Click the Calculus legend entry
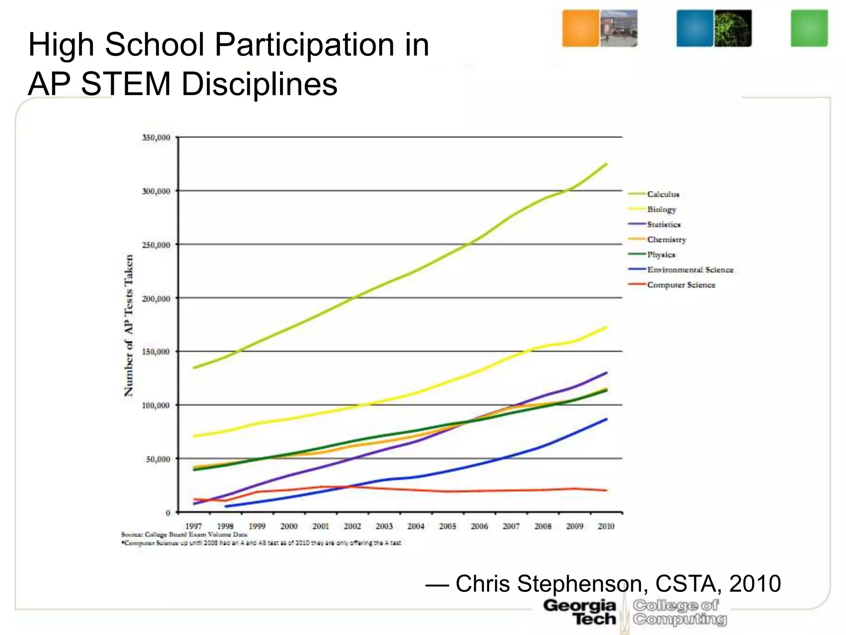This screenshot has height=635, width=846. coord(663,194)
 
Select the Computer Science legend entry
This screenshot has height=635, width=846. coord(681,285)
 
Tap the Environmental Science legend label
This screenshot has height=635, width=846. coord(690,270)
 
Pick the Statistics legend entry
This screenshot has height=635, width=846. coord(663,224)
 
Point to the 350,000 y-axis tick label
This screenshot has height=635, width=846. coord(156,138)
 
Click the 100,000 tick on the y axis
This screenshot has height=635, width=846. coord(156,406)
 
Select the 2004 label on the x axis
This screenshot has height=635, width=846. coord(416,526)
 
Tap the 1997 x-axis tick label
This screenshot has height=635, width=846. coord(193,526)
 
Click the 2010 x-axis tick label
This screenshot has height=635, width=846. coord(606,526)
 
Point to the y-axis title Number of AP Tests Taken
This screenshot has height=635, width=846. coord(129,325)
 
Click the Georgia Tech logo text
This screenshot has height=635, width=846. coord(580,612)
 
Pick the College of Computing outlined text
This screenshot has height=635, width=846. coord(680,612)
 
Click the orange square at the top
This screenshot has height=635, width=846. coord(580,28)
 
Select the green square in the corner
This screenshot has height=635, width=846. coord(809,28)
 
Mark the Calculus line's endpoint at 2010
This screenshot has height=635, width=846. coord(606,164)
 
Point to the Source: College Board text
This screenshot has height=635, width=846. coord(184,535)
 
